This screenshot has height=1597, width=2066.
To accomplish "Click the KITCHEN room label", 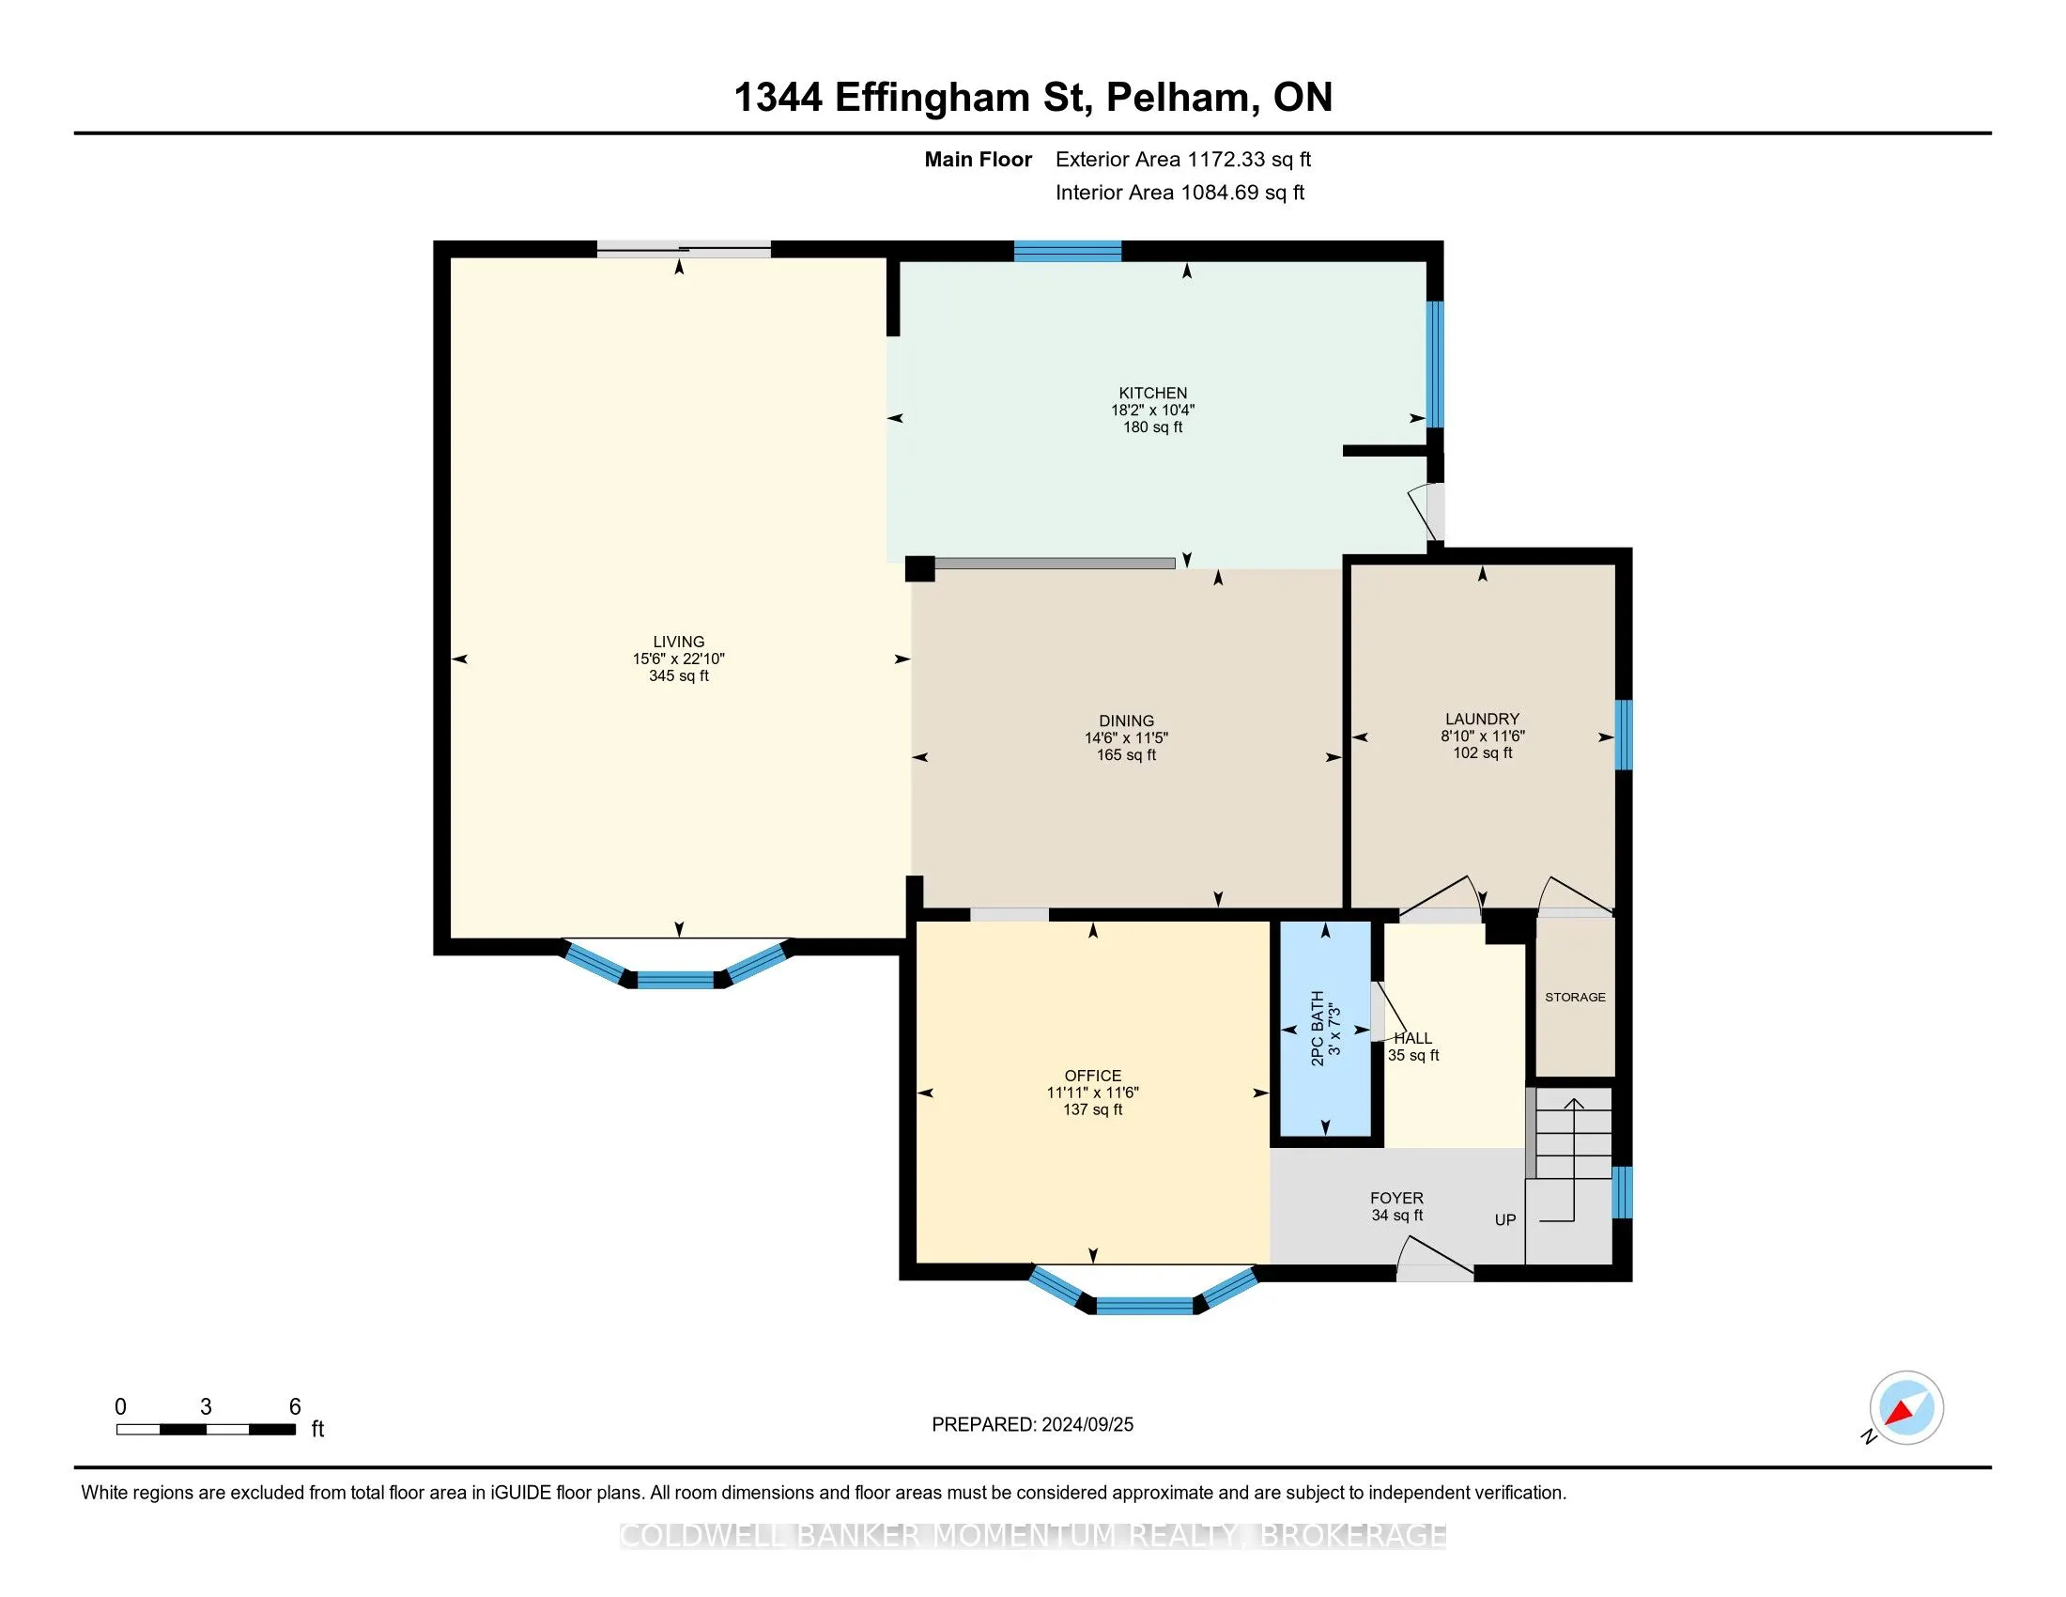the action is pyautogui.click(x=1152, y=393).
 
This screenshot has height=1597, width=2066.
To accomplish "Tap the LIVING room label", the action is pyautogui.click(x=678, y=642).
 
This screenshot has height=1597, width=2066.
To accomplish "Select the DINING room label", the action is pyautogui.click(x=1126, y=721).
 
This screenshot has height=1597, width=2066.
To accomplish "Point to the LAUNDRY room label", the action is pyautogui.click(x=1482, y=719).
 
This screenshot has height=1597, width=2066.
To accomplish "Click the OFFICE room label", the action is pyautogui.click(x=1092, y=1076).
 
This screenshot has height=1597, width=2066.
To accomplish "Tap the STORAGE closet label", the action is pyautogui.click(x=1575, y=997).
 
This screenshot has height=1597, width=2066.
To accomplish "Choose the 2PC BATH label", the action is pyautogui.click(x=1317, y=1029).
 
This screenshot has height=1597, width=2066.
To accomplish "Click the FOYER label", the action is pyautogui.click(x=1396, y=1198).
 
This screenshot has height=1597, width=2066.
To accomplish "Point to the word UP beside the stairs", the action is pyautogui.click(x=1505, y=1220).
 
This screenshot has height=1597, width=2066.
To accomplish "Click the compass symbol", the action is pyautogui.click(x=1906, y=1407).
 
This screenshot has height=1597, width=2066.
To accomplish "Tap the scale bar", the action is pyautogui.click(x=207, y=1430).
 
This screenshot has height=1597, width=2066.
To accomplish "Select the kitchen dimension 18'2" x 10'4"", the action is pyautogui.click(x=1152, y=411).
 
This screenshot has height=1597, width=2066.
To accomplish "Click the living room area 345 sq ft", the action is pyautogui.click(x=678, y=676).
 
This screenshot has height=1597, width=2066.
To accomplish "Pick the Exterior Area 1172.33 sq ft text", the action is pyautogui.click(x=1183, y=160).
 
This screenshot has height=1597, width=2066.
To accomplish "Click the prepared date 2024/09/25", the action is pyautogui.click(x=1087, y=1425).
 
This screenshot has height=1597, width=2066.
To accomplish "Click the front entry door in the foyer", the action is pyautogui.click(x=1435, y=1261).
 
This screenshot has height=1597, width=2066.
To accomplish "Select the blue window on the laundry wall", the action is pyautogui.click(x=1624, y=736).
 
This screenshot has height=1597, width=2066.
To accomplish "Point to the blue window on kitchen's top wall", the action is pyautogui.click(x=1067, y=251).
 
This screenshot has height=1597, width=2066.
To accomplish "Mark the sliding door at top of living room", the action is pyautogui.click(x=683, y=250).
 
